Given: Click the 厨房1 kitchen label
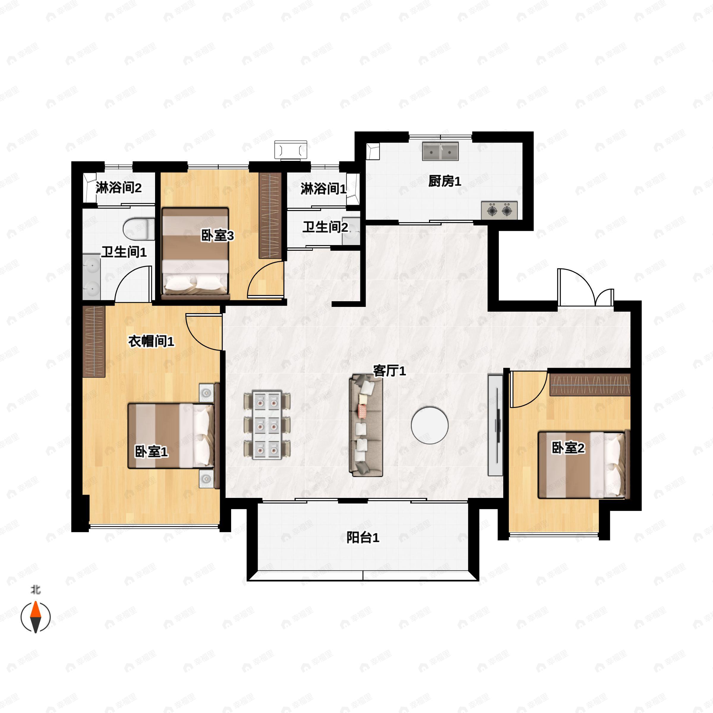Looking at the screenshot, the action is click(444, 182).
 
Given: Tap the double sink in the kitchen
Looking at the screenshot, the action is click(440, 151).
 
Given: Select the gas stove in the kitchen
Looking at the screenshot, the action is click(499, 211).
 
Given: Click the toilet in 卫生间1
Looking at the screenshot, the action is click(139, 229).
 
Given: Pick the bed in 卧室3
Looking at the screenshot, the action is click(195, 253).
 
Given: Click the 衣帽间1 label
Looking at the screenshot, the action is click(151, 341).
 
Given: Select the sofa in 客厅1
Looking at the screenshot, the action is click(366, 425).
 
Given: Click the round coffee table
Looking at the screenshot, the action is click(430, 425).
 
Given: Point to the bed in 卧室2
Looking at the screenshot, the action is click(581, 465).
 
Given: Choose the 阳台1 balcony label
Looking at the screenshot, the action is click(363, 537).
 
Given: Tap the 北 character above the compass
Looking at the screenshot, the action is click(35, 590).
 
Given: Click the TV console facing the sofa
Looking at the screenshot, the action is click(495, 425).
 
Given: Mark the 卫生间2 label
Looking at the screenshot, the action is click(325, 227).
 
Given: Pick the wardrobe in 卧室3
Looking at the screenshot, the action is click(270, 215).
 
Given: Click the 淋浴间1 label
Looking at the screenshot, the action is click(323, 189).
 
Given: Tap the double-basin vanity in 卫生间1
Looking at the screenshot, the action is click(91, 276).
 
